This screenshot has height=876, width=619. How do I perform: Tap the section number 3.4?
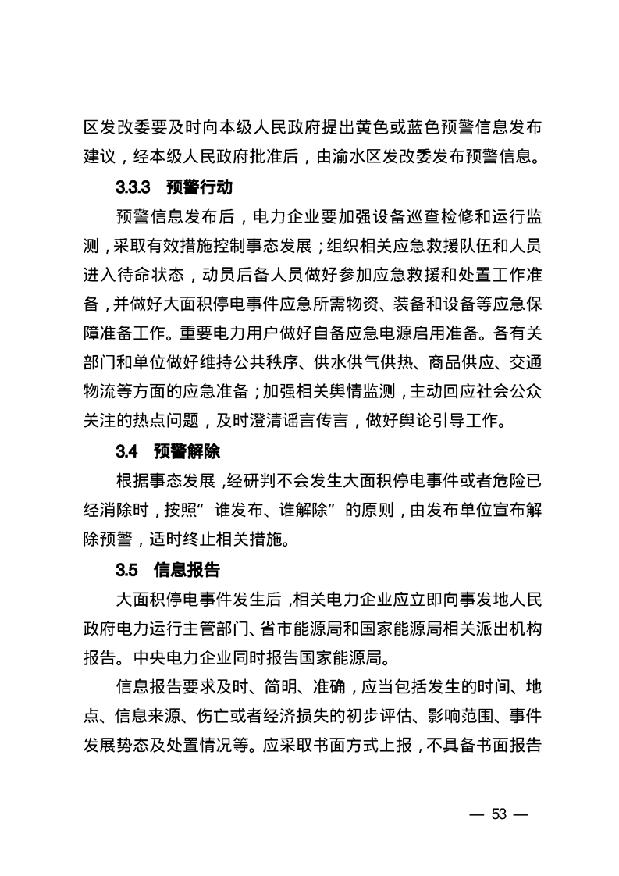[126, 450]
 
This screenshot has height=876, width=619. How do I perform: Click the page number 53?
[500, 815]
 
